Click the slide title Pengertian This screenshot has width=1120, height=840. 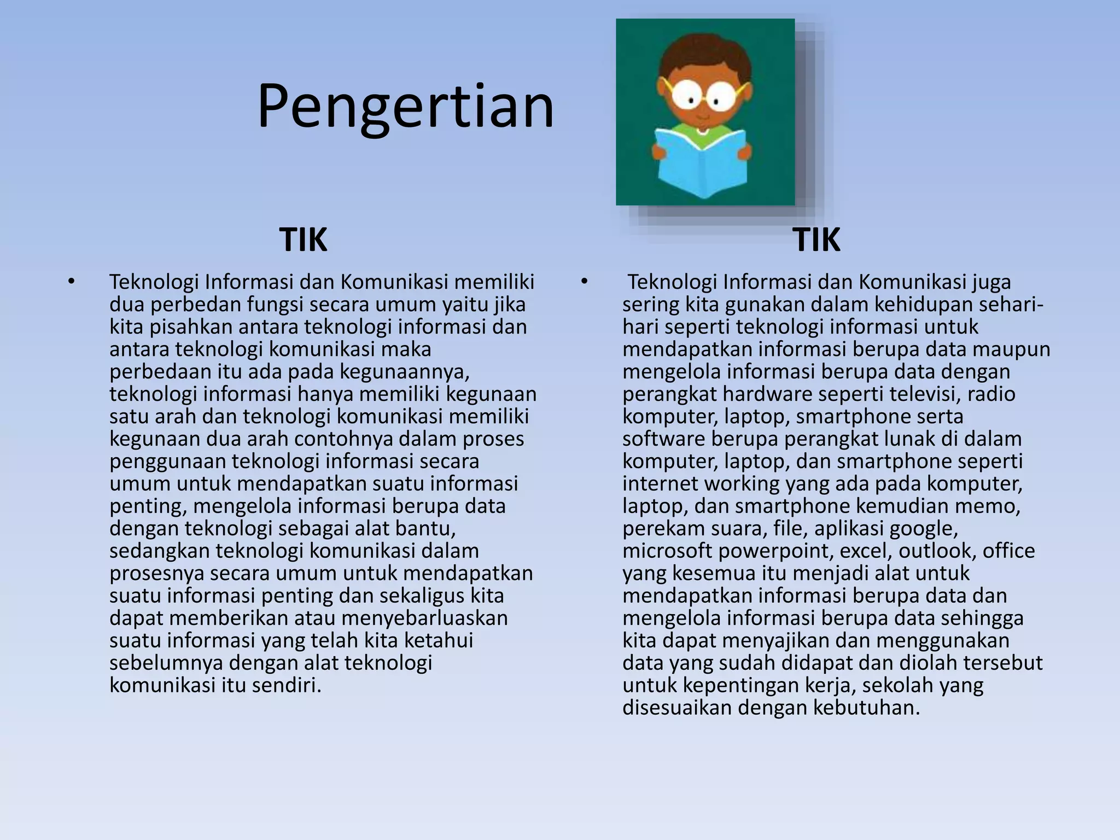click(406, 107)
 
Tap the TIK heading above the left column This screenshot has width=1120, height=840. click(303, 240)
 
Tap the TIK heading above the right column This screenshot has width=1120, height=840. click(816, 240)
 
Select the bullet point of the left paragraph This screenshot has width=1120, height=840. click(71, 282)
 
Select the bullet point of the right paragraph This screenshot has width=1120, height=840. click(584, 282)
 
